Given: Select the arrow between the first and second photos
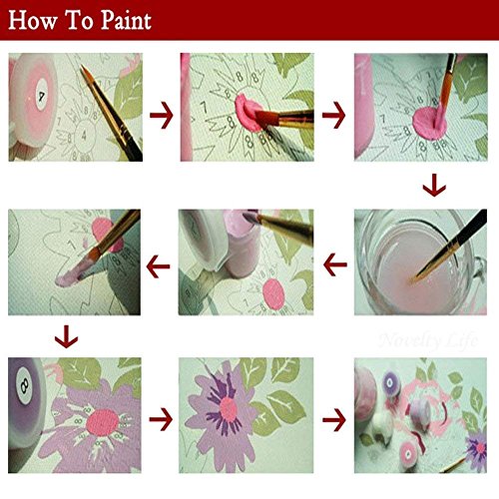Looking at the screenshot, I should point(160,117).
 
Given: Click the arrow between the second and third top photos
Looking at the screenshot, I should point(332,117).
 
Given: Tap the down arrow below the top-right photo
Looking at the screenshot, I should point(433,186).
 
